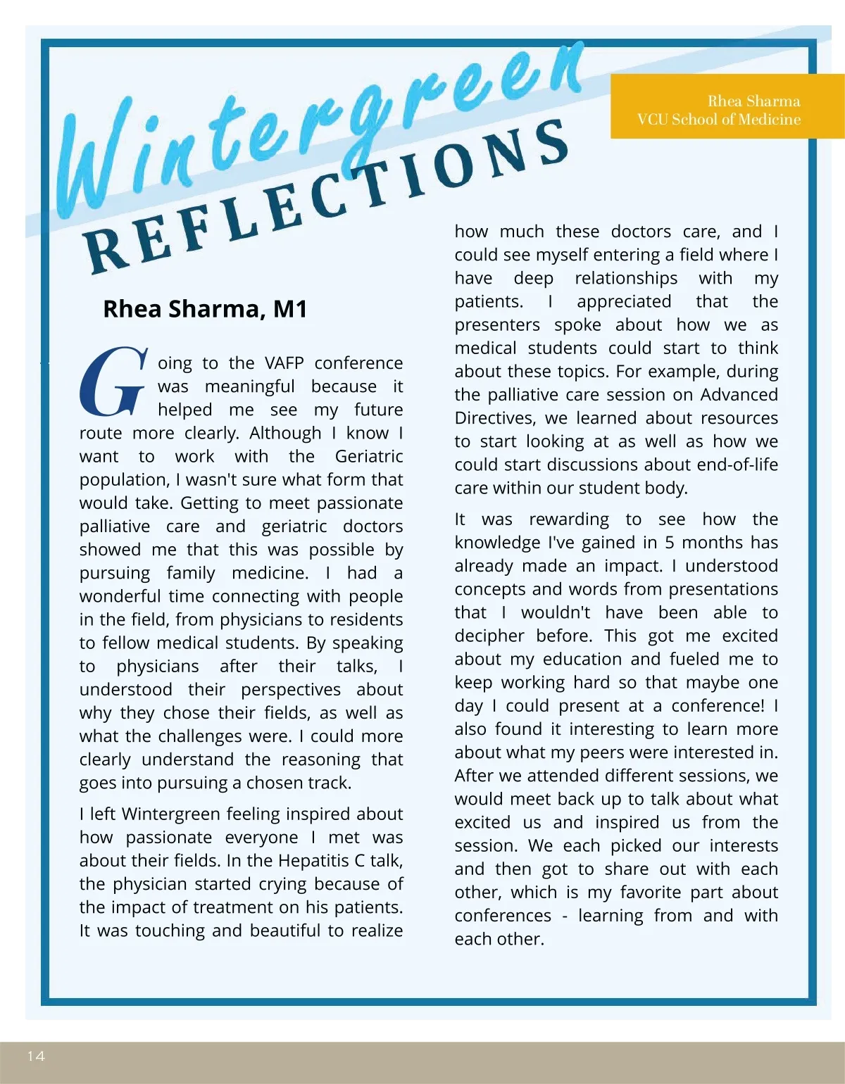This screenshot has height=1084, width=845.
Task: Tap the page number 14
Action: coord(36,1056)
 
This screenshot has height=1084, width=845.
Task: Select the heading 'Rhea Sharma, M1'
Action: coord(205,309)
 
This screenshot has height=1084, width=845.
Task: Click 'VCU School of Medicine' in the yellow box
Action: coord(718,120)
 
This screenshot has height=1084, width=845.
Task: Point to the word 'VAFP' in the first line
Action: coord(284,363)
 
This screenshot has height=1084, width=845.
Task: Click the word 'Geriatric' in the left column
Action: coord(369,456)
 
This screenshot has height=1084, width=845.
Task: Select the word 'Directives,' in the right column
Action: coord(496,418)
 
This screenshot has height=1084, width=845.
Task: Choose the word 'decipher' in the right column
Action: coord(489,636)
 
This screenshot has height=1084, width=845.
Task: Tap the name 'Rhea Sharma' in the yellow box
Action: coord(753,101)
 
